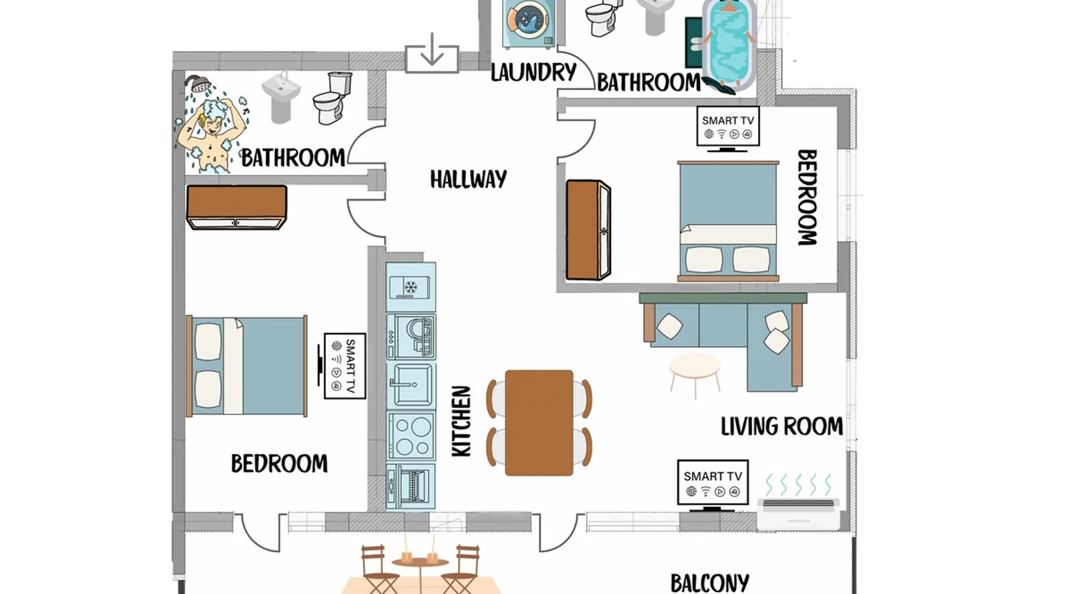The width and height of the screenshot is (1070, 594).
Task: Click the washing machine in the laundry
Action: tap(528, 24)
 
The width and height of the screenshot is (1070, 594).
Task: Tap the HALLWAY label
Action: tap(468, 179)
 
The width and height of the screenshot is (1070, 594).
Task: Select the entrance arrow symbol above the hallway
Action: tap(432, 52)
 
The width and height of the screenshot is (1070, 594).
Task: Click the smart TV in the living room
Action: tap(713, 485)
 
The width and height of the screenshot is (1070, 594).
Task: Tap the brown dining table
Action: tap(539, 422)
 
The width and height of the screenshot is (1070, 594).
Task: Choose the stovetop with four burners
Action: tap(411, 435)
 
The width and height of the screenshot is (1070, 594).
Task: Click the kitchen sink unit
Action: tap(411, 385)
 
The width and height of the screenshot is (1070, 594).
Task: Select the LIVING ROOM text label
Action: tap(782, 426)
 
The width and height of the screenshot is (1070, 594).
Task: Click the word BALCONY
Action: tap(710, 583)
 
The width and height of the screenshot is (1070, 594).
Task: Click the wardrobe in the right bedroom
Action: tap(588, 230)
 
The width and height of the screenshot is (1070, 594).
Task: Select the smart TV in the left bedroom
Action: tap(344, 366)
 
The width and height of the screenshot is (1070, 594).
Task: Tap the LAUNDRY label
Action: tap(533, 72)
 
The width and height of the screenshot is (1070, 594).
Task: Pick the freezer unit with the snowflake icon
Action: tap(411, 287)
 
